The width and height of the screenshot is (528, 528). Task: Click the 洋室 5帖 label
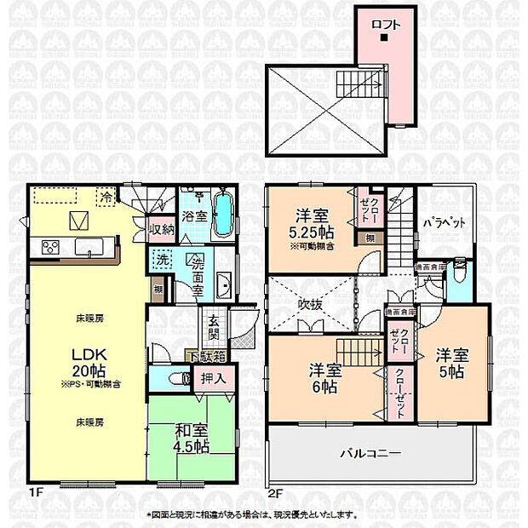coord(451,362)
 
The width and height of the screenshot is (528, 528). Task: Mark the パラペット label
coord(444,223)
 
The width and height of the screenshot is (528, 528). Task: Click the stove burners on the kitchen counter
coord(49,248)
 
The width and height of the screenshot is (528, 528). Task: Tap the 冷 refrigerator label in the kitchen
coord(106,196)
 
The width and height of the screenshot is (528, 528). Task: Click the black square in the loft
coord(384,37)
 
